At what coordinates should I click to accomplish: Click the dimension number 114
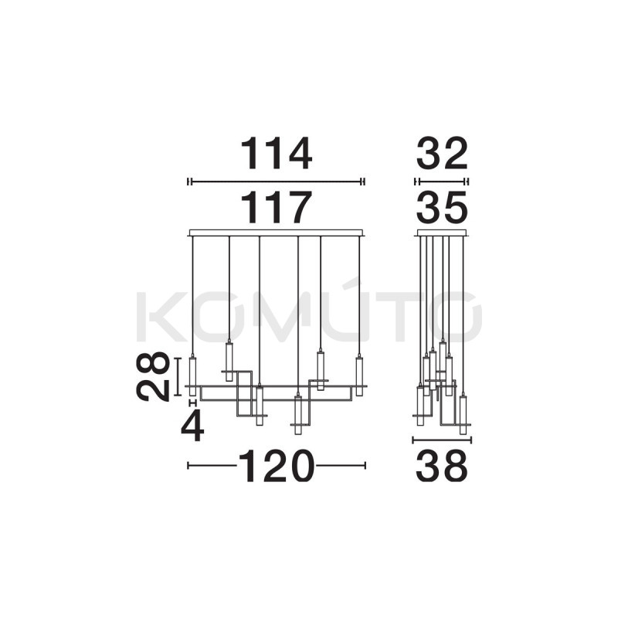[x=277, y=153]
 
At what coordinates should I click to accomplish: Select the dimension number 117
[x=277, y=207]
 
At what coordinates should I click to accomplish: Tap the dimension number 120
[x=277, y=466]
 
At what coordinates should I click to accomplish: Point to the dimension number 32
[x=442, y=153]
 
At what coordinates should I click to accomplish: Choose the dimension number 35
[x=442, y=207]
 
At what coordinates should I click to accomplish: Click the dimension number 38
[x=442, y=466]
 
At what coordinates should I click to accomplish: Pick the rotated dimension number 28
[x=153, y=376]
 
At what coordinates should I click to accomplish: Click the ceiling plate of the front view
[x=277, y=233]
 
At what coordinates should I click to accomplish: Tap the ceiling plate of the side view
[x=442, y=233]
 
